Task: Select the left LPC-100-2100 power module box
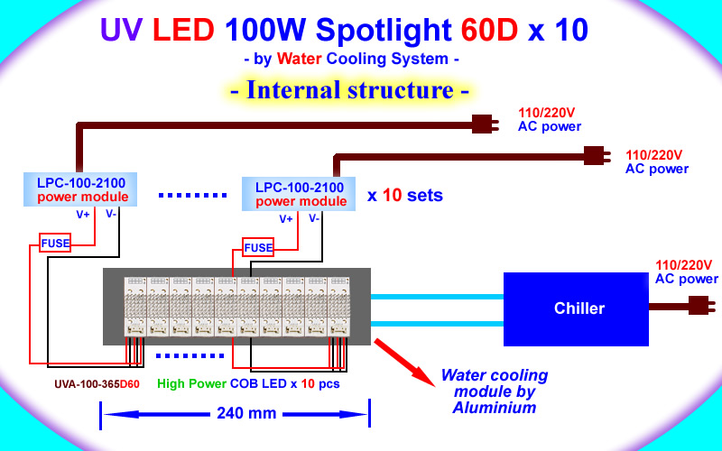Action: (77, 189)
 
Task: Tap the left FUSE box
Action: (54, 242)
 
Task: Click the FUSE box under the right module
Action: (257, 246)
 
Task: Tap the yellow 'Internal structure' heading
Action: (348, 90)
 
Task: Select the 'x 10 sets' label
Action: (405, 195)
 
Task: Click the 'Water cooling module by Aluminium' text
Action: (495, 391)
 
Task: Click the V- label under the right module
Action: (313, 218)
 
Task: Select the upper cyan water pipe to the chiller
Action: (437, 296)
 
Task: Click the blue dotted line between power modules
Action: (194, 194)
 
